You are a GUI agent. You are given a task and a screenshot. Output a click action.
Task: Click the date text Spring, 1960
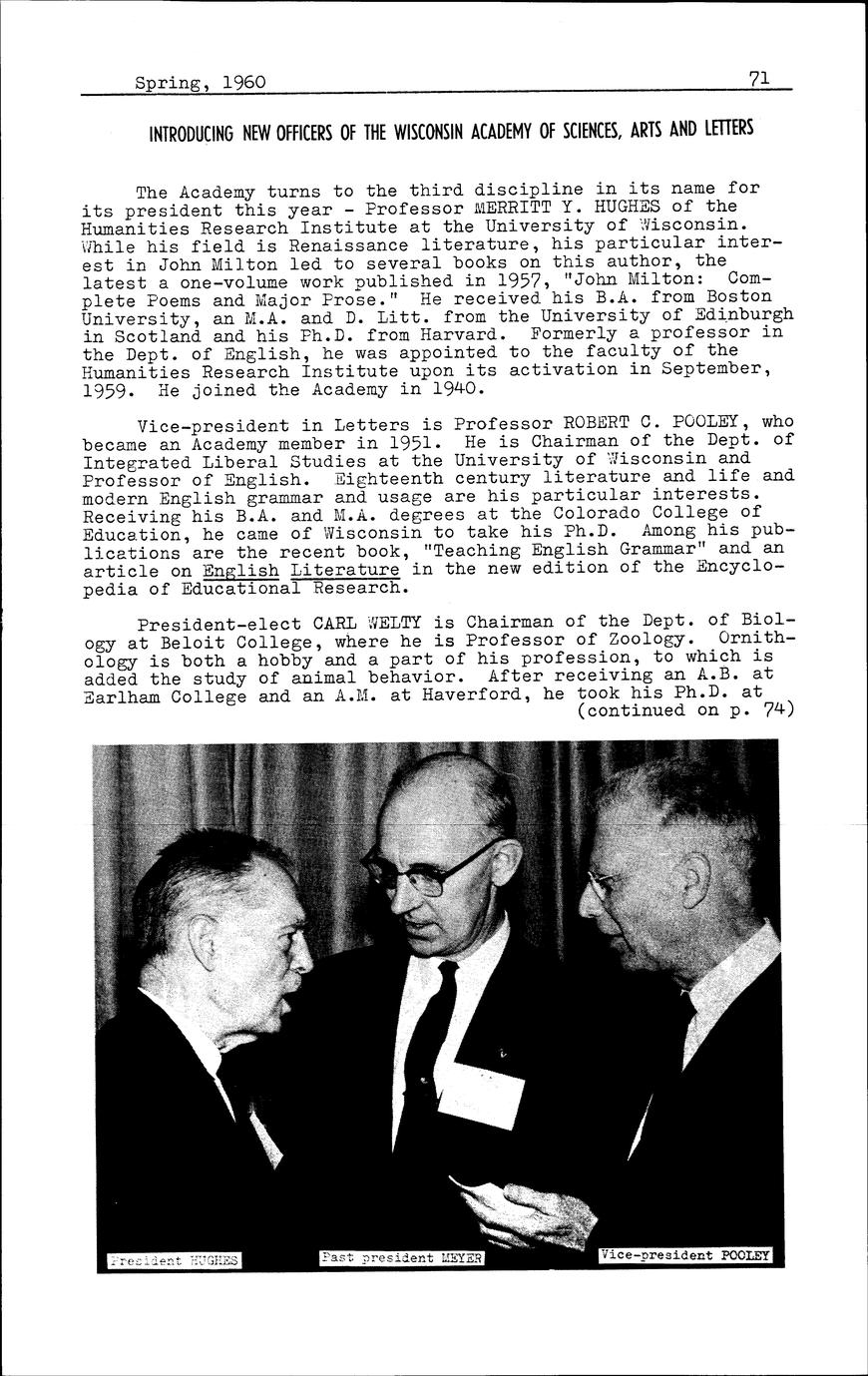pos(201,82)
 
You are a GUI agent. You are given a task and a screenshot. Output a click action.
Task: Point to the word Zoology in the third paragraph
pos(646,639)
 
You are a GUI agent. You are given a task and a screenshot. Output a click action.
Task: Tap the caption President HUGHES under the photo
pos(174,1260)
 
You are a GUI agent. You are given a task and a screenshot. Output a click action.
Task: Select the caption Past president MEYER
pos(402,1257)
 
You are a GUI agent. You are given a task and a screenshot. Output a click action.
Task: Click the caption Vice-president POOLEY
pos(684,1254)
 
